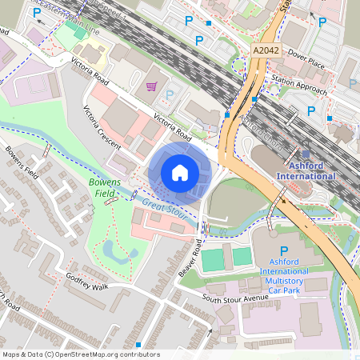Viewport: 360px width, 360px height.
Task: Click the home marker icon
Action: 180,172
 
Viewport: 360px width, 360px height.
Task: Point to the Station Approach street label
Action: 299,80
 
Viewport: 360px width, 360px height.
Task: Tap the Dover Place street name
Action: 306,58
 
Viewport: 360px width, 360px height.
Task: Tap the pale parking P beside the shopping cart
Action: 169,96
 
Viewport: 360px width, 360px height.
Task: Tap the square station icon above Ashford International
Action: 306,154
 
